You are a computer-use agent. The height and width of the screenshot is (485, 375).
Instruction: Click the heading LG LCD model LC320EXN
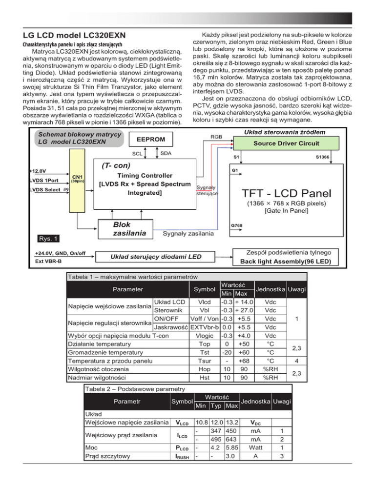(x=71, y=36)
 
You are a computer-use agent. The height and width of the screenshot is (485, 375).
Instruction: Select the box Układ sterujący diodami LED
(x=147, y=257)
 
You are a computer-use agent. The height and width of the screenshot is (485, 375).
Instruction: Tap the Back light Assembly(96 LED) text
(x=290, y=262)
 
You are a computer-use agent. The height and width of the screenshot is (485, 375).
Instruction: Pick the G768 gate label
(x=236, y=226)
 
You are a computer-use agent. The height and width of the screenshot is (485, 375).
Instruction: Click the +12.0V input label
(x=39, y=172)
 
